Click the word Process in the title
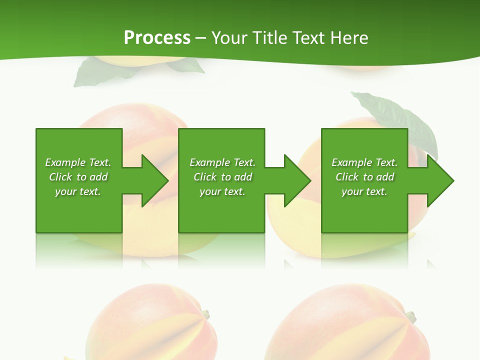point(157,38)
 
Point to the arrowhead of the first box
point(155,180)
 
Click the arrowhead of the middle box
point(297,180)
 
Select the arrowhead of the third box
point(440,180)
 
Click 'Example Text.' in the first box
point(78,162)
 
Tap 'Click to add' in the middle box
point(222,177)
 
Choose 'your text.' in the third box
point(364,191)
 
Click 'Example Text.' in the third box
point(364,162)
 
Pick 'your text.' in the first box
point(78,191)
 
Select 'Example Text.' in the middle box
point(222,162)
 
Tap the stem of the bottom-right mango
point(410,316)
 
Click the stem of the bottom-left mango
point(204,314)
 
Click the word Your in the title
point(229,38)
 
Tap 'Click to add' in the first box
point(78,177)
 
